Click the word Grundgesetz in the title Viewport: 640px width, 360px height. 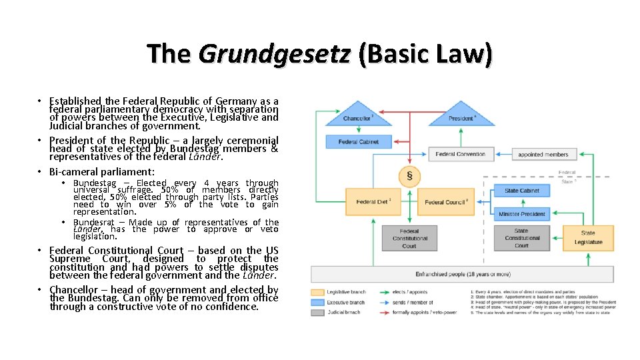pos(274,53)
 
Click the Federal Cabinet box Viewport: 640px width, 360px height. pos(359,141)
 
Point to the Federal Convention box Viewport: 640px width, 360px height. pos(461,154)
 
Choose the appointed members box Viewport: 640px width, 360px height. pos(543,154)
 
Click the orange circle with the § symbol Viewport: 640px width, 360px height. pos(409,176)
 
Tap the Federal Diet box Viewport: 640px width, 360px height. pos(373,201)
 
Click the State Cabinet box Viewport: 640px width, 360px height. pos(521,191)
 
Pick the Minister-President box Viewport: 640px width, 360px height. pos(521,214)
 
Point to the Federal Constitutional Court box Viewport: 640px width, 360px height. pos(409,238)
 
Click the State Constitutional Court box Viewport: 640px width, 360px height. pos(521,238)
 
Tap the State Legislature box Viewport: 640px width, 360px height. pos(587,237)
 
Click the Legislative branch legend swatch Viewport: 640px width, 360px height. pos(318,292)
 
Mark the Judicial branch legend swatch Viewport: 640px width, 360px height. pos(318,312)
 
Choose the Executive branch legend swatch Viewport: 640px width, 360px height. pos(318,302)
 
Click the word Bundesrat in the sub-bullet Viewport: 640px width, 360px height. pos(94,223)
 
